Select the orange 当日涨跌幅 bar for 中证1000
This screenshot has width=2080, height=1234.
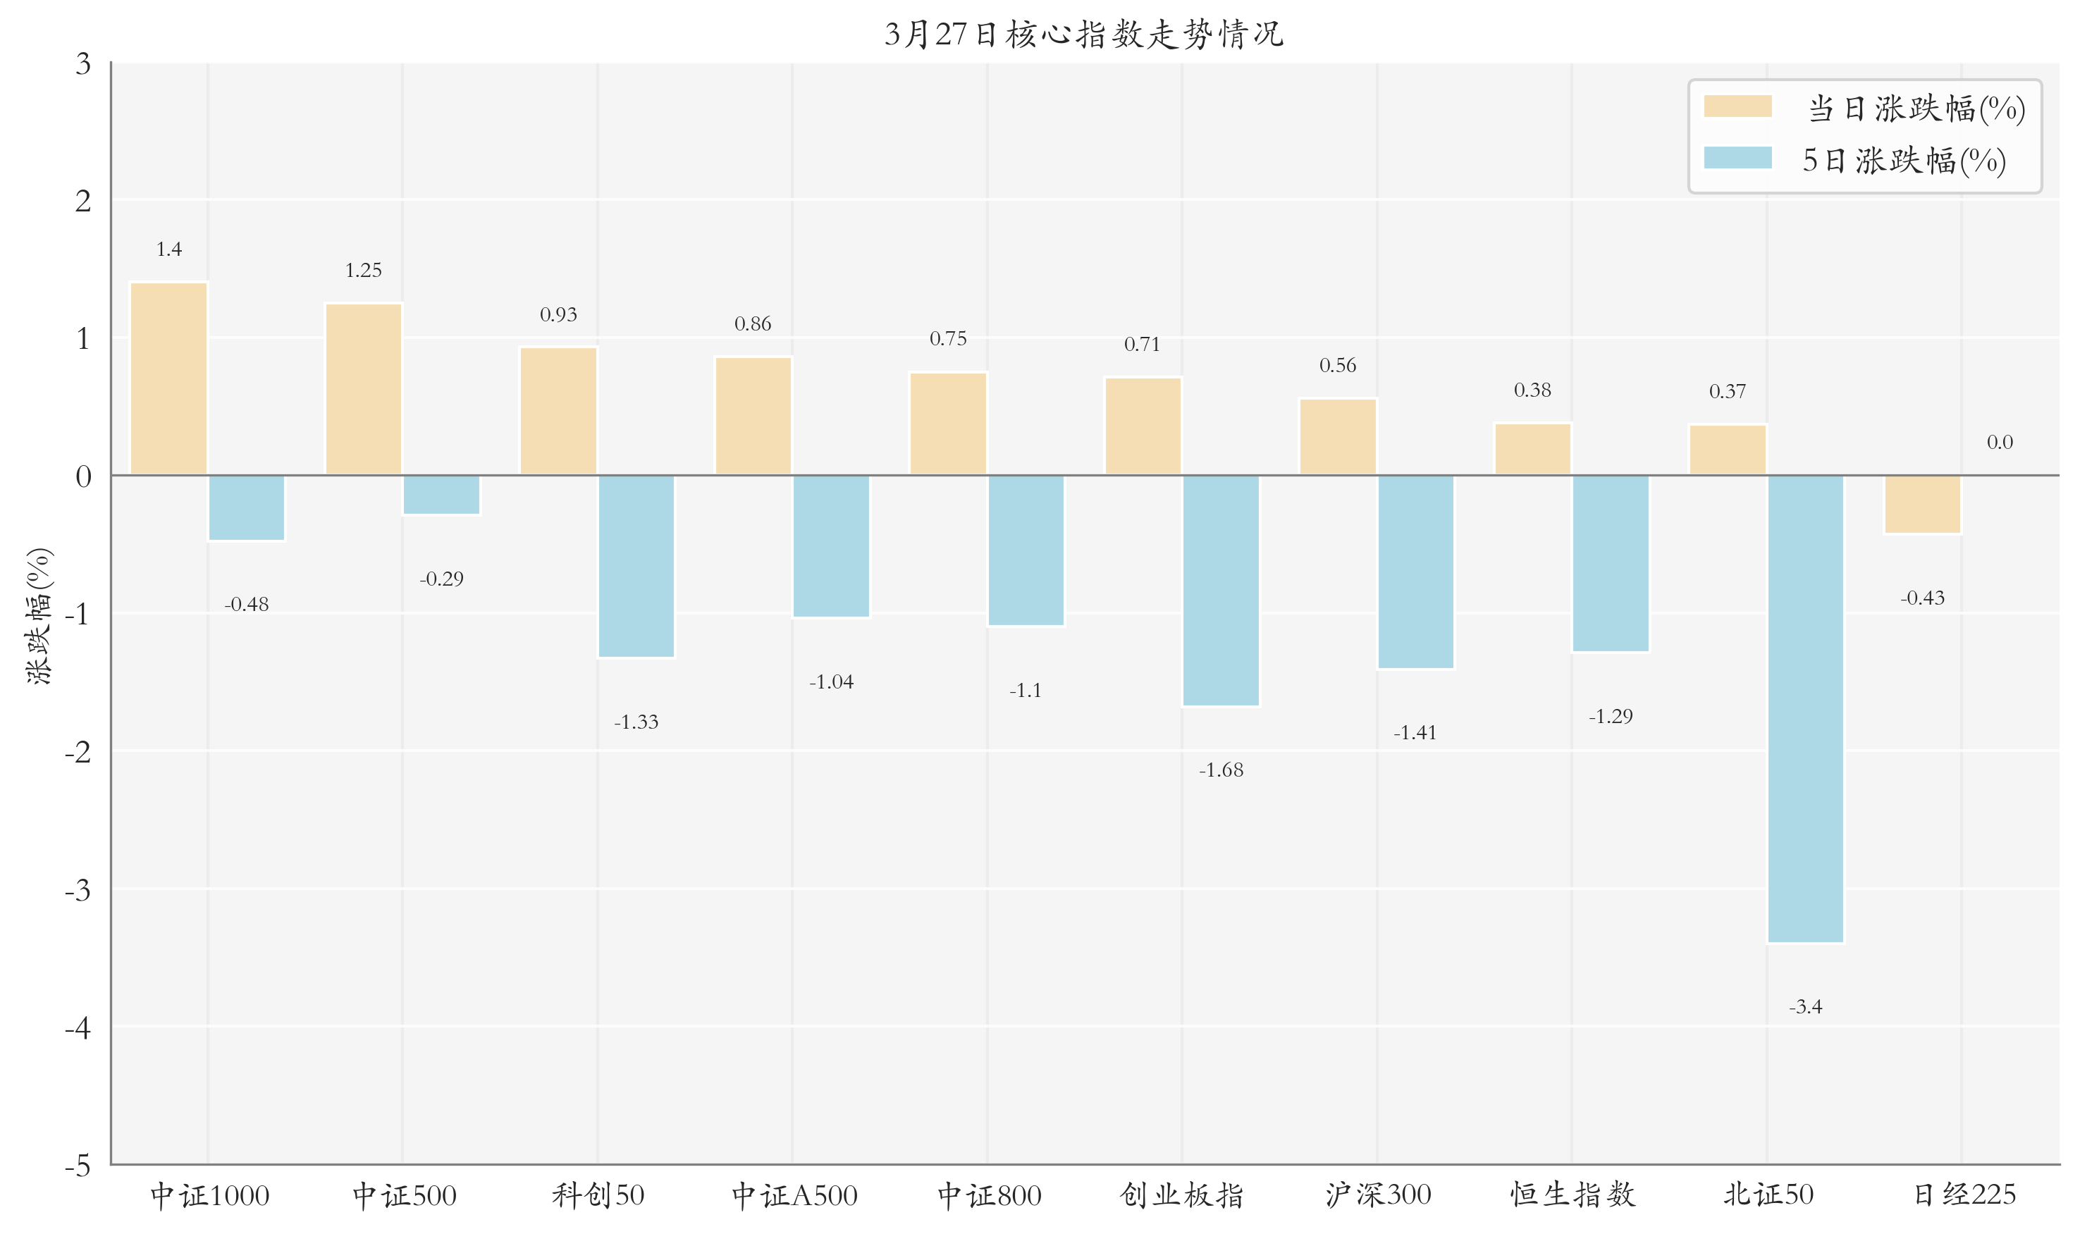(169, 379)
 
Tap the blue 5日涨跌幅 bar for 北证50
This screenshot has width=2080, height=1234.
(1804, 708)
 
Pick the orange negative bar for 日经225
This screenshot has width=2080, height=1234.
(1922, 504)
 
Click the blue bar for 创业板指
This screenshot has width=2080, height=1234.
(1220, 591)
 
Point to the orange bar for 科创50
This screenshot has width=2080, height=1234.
(558, 412)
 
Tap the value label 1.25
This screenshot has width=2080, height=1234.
(364, 270)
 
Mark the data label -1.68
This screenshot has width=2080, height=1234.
(1220, 770)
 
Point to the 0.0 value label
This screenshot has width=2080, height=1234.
(2000, 443)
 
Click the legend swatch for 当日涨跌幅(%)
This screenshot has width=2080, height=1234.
(1737, 106)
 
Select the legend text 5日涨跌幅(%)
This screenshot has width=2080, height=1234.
(1903, 161)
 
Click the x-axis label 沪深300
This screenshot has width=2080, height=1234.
(1377, 1195)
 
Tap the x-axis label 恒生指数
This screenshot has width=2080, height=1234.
(1572, 1195)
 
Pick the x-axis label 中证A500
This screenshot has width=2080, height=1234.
(794, 1195)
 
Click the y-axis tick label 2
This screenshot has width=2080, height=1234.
(82, 200)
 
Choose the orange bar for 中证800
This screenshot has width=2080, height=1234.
(948, 424)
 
